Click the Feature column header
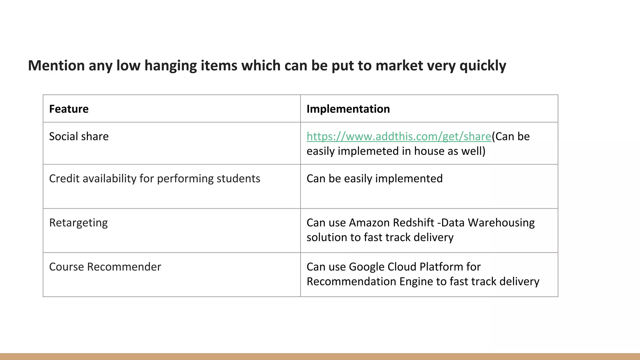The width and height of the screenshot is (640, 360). [x=69, y=109]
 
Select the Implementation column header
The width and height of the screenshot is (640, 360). [x=348, y=109]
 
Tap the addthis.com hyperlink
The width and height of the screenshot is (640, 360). [x=399, y=137]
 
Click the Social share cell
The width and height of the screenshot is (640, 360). [x=79, y=137]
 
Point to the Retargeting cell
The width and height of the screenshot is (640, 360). [x=78, y=223]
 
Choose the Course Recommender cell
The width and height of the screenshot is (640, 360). [x=105, y=267]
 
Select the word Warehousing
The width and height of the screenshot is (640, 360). [x=501, y=223]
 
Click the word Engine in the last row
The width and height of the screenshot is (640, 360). [x=416, y=282]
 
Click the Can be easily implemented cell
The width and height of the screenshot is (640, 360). [x=374, y=179]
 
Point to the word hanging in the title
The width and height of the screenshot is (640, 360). [x=170, y=66]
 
